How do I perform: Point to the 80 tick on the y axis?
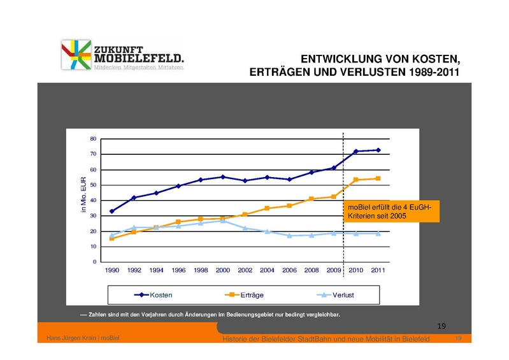click(x=93, y=139)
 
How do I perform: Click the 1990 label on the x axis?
click(x=112, y=270)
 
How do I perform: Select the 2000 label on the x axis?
click(x=223, y=270)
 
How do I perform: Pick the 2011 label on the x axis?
click(x=378, y=270)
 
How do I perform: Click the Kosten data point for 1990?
click(x=112, y=211)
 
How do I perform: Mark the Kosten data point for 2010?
click(x=355, y=152)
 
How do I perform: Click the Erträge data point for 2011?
click(x=378, y=178)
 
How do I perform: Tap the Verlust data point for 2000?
click(x=223, y=221)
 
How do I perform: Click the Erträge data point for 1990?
click(x=112, y=238)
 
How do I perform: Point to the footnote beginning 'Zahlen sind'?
click(x=210, y=315)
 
